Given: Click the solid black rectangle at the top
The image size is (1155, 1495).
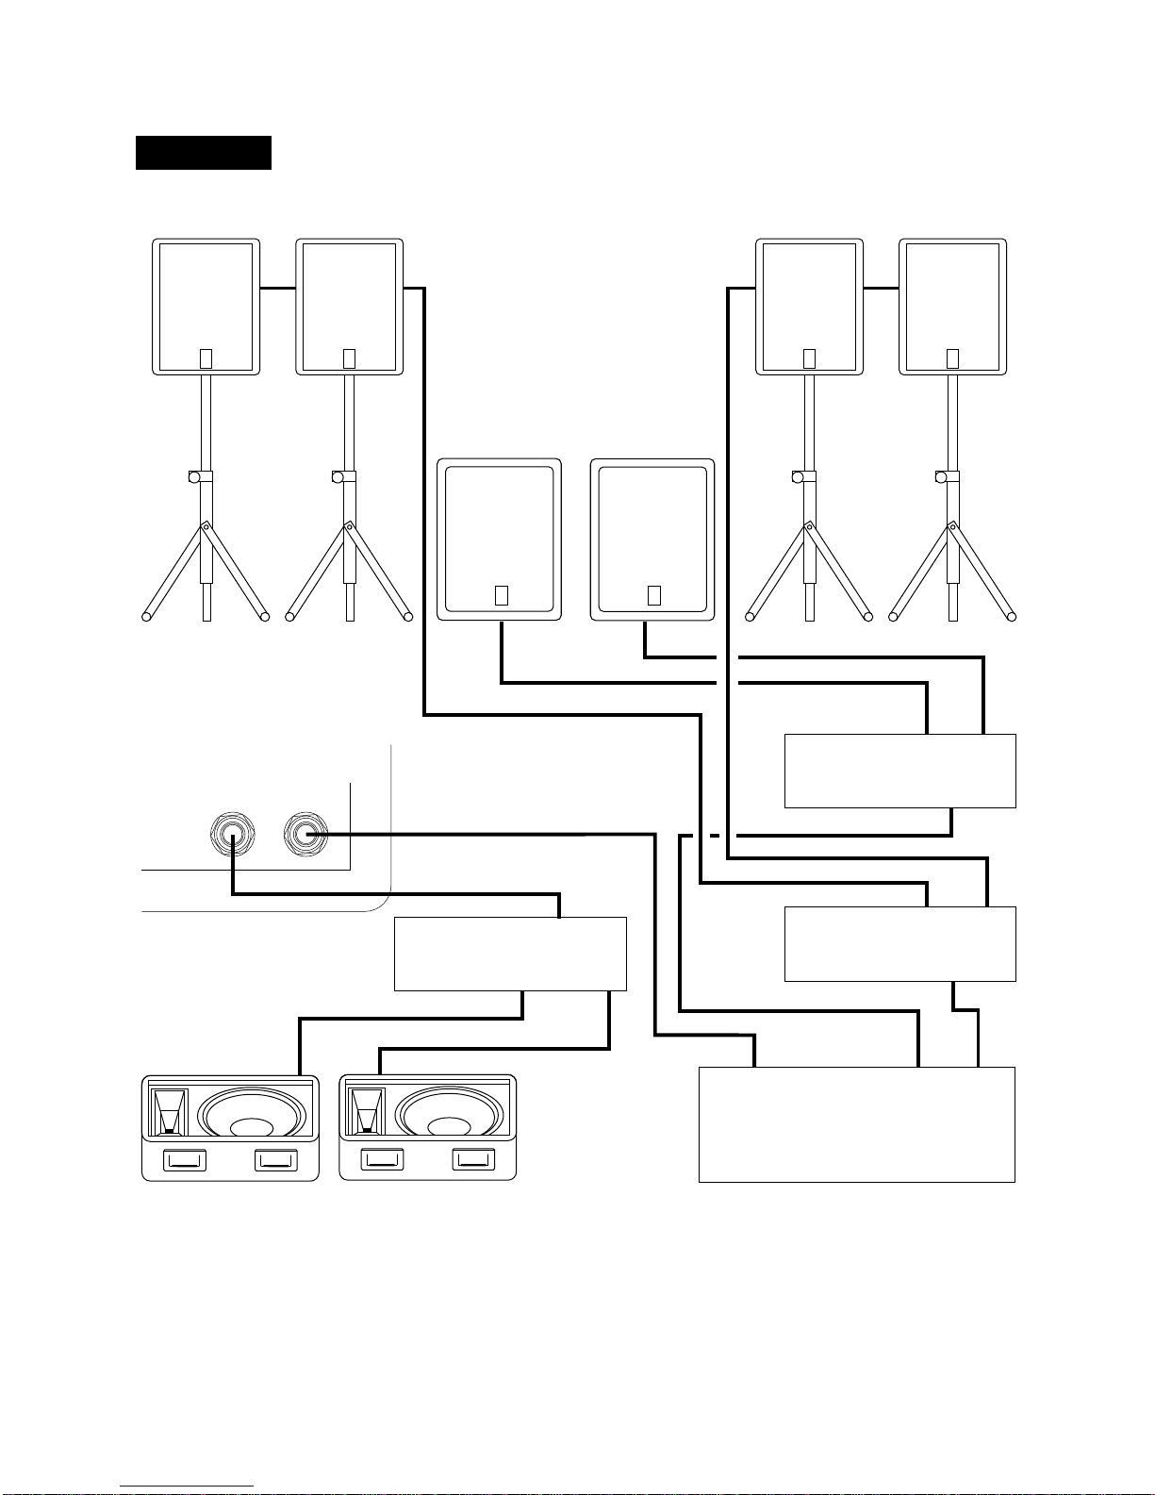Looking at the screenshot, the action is [x=203, y=153].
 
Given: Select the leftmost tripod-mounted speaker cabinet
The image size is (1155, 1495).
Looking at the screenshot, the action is [x=206, y=307].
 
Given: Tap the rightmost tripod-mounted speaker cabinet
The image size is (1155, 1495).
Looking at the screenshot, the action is [x=952, y=307].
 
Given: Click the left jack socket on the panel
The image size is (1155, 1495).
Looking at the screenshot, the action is [x=231, y=835].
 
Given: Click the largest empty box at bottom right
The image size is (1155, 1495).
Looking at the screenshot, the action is [x=856, y=1124].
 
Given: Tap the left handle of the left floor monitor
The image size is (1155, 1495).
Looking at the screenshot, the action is [x=184, y=1160].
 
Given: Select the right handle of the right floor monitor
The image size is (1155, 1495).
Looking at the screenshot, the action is [x=473, y=1160].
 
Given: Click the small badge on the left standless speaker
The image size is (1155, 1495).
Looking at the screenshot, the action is [x=501, y=596].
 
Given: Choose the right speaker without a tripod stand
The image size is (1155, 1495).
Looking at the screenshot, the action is [x=652, y=540].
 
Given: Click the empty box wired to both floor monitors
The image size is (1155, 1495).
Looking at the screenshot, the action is [x=510, y=954].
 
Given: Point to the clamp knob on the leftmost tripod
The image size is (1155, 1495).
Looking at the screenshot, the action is [x=193, y=477].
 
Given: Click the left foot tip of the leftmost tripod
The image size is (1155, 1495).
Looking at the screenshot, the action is [x=147, y=617].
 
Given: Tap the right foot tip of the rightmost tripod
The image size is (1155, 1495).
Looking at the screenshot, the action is [x=1011, y=617].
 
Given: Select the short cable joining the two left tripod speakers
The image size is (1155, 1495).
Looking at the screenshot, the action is [x=277, y=288].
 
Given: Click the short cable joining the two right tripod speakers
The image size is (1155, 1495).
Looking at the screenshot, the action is [x=881, y=288].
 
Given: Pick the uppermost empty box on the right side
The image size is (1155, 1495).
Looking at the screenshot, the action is [x=899, y=771].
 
